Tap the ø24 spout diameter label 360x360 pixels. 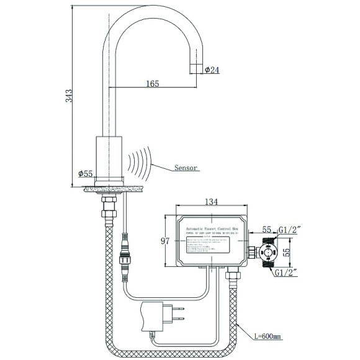pos(213,70)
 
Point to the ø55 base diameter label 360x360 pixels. pos(86,174)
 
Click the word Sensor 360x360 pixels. pos(186,168)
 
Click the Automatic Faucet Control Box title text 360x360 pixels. pos(212,228)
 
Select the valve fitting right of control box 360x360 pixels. pos(268,251)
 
